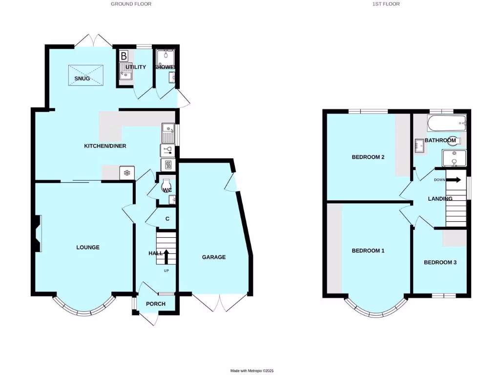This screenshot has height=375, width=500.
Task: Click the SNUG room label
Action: pyautogui.click(x=82, y=79)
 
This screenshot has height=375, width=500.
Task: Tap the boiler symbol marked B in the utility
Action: pyautogui.click(x=124, y=56)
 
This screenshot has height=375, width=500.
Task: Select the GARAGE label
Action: pyautogui.click(x=214, y=257)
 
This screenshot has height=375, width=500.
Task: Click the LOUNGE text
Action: pyautogui.click(x=88, y=248)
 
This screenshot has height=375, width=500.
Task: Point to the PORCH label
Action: pyautogui.click(x=156, y=304)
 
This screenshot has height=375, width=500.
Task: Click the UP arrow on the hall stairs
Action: pyautogui.click(x=166, y=256)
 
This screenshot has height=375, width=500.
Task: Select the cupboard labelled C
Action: pyautogui.click(x=167, y=219)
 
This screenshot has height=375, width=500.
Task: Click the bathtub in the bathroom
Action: pyautogui.click(x=446, y=124)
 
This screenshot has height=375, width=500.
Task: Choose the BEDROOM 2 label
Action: pyautogui.click(x=368, y=157)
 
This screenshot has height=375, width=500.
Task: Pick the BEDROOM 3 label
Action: pyautogui.click(x=440, y=262)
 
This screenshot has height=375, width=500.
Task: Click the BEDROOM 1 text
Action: pyautogui.click(x=368, y=250)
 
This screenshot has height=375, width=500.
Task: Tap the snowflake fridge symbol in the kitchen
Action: pyautogui.click(x=126, y=173)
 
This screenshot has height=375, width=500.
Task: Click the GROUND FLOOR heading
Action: pyautogui.click(x=131, y=4)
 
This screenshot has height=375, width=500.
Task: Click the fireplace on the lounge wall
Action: pyautogui.click(x=38, y=233)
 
